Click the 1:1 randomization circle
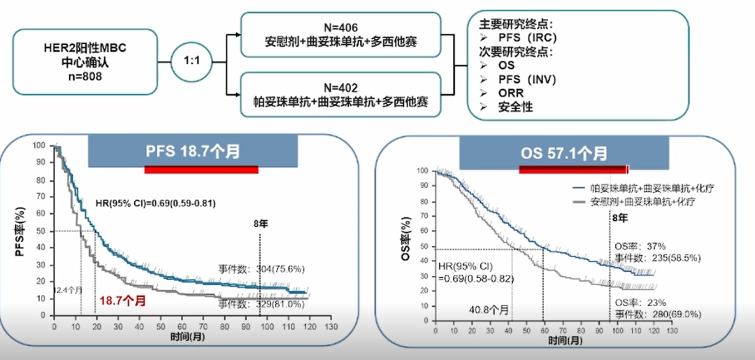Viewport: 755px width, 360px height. (x=192, y=62)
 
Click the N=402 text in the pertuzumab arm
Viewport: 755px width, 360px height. (x=340, y=88)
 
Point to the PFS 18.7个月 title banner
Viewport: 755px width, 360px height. (x=192, y=151)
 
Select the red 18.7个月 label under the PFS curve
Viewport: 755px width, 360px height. (x=122, y=301)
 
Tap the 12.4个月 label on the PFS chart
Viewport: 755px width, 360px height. (x=69, y=289)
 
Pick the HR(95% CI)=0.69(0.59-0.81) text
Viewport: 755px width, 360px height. (x=155, y=203)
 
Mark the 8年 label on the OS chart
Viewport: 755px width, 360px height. (x=619, y=217)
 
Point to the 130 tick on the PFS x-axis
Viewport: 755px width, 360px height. (x=331, y=326)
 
